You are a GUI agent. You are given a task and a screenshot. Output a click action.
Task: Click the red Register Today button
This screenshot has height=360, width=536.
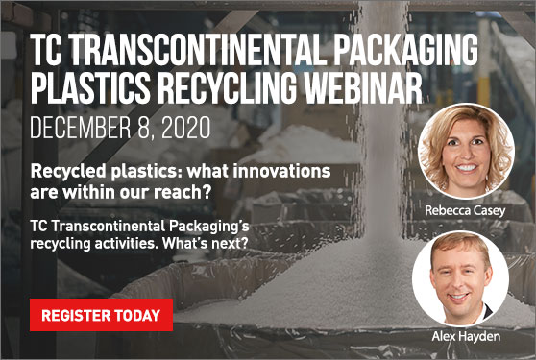pyautogui.click(x=101, y=314)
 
